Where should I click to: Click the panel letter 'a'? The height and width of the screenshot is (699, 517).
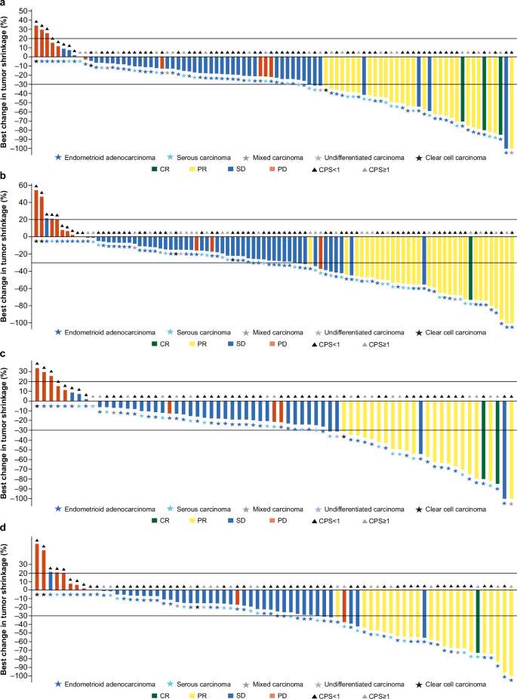(x=5, y=5)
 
